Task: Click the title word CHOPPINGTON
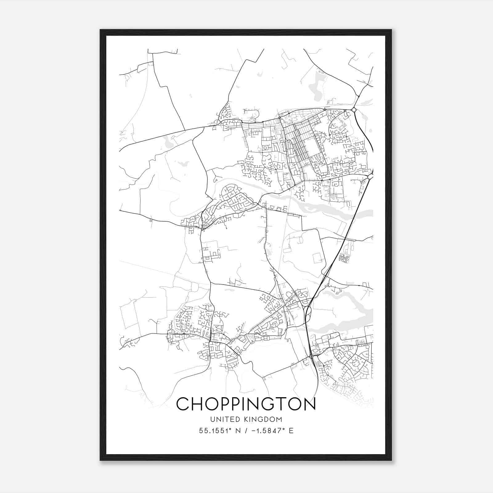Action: pos(246,404)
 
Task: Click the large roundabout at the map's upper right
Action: pos(354,110)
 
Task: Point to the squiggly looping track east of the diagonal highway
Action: pos(343,258)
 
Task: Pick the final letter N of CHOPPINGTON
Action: pos(310,404)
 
